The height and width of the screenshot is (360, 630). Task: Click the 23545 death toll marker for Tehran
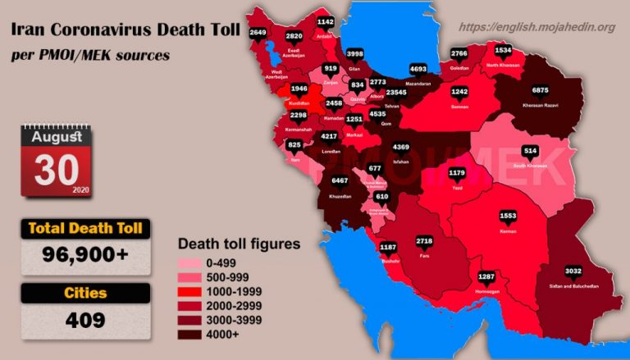coord(397,93)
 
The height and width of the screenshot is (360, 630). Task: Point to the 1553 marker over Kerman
coord(508,216)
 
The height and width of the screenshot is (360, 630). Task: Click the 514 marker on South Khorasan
coord(531,151)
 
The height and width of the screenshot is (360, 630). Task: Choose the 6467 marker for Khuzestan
coord(339,180)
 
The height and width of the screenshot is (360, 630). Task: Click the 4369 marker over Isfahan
coord(402,148)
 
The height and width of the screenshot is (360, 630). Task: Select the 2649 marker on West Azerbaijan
coord(258,33)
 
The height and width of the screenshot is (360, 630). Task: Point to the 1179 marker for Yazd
coord(457,173)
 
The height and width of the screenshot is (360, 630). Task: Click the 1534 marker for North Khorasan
coord(503,50)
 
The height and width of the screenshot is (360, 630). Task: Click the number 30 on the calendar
coord(56,168)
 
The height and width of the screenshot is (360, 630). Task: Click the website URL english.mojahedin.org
coord(537,28)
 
